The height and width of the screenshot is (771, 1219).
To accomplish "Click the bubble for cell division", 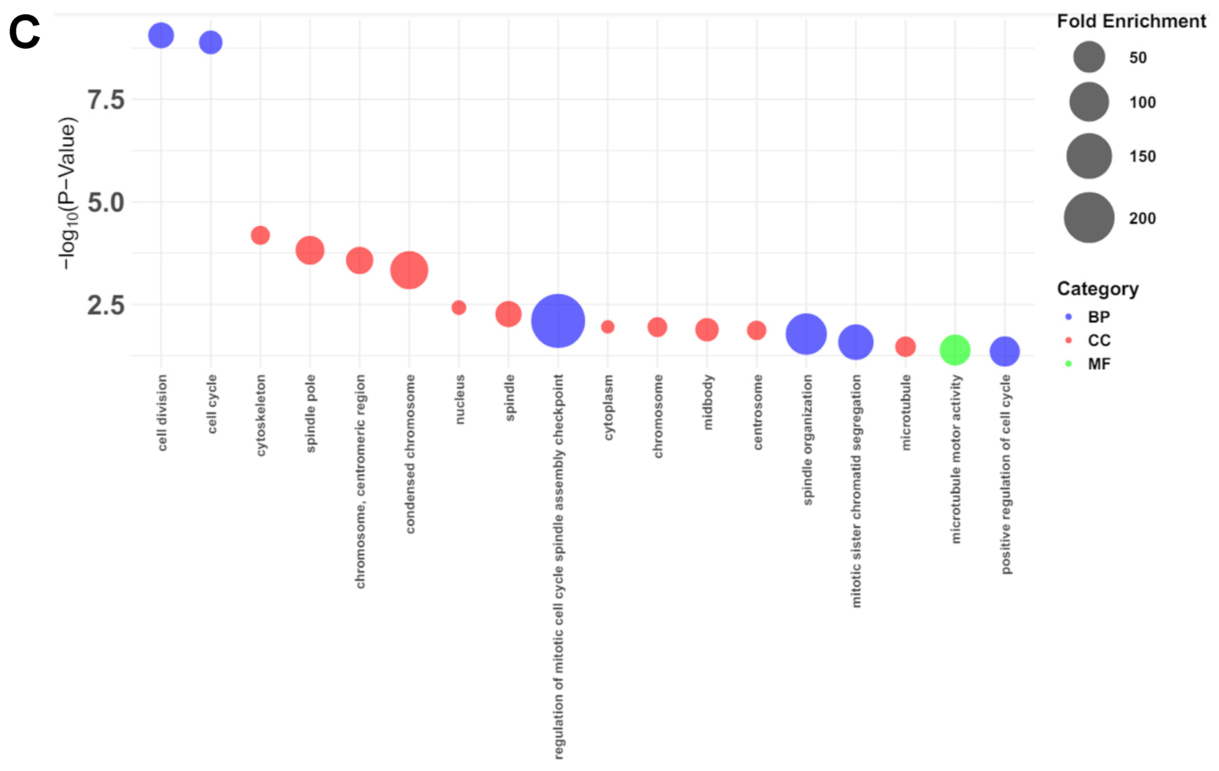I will [161, 35].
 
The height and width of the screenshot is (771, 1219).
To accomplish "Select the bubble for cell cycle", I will [210, 42].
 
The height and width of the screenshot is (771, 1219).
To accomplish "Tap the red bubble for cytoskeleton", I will [260, 235].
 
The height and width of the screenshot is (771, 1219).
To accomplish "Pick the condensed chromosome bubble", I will [409, 270].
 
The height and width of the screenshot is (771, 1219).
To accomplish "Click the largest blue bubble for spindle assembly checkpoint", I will [558, 321].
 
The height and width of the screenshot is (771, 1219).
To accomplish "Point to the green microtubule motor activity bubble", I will [955, 350].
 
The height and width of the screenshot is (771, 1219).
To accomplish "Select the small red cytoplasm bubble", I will [608, 327].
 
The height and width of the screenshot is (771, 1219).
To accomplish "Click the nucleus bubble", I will [459, 307].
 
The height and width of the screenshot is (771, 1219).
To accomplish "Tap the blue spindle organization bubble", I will [806, 334].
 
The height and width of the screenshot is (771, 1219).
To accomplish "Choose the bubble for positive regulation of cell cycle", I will [1004, 351].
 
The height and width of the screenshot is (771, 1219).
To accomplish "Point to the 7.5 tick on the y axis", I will [106, 100].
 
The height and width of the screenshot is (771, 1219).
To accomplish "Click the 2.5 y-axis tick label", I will [106, 306].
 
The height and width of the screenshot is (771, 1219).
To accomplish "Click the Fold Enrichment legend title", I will [1131, 21].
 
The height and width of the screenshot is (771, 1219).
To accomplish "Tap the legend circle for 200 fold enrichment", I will [1089, 218].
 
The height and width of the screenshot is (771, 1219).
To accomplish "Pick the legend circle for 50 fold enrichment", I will [1089, 57].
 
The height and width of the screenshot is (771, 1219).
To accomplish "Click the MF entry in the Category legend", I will [1099, 364].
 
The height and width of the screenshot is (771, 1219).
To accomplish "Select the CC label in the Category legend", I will [1099, 340].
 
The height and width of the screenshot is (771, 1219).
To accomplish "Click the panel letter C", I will [24, 32].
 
